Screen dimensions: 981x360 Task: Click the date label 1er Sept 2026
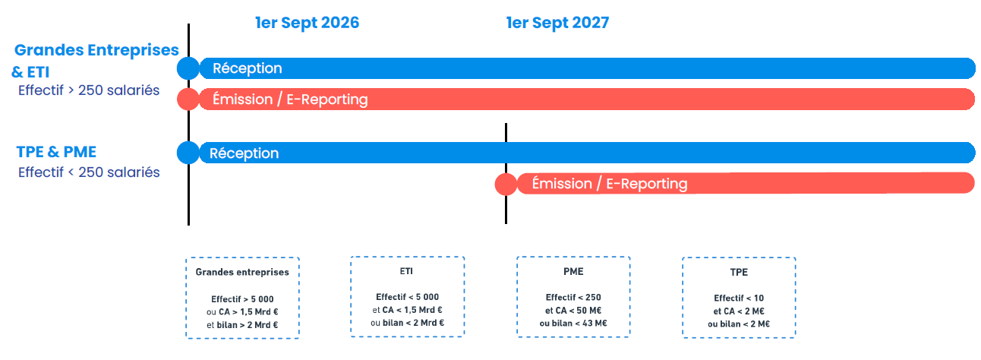[x=307, y=23]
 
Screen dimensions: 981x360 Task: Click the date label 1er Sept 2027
[x=557, y=23]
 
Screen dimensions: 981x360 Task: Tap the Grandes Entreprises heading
[x=96, y=50]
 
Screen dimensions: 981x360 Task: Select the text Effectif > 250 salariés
[x=89, y=90]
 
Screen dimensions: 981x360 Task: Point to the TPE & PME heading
[x=56, y=152]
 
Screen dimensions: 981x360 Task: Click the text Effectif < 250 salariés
[x=89, y=172]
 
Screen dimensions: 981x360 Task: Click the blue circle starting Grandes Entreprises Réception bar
[x=188, y=68]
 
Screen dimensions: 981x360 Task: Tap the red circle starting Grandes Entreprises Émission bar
[x=188, y=99]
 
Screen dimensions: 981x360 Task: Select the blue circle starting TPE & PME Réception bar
[x=188, y=153]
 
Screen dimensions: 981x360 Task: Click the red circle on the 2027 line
[x=506, y=184]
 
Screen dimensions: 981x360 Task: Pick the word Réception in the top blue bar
[x=248, y=68]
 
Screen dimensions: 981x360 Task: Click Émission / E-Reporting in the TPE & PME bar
[x=610, y=184]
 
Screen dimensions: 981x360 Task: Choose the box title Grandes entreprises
[x=242, y=272]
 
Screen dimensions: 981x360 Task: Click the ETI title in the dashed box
[x=406, y=271]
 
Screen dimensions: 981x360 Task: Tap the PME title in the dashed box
[x=573, y=272]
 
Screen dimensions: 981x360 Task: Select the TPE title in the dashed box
[x=739, y=272]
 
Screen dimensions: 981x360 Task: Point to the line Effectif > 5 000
[x=242, y=299]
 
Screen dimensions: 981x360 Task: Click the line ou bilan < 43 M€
[x=573, y=324]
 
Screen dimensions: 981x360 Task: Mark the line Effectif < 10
[x=739, y=298]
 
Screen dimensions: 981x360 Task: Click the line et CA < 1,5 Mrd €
[x=407, y=310]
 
